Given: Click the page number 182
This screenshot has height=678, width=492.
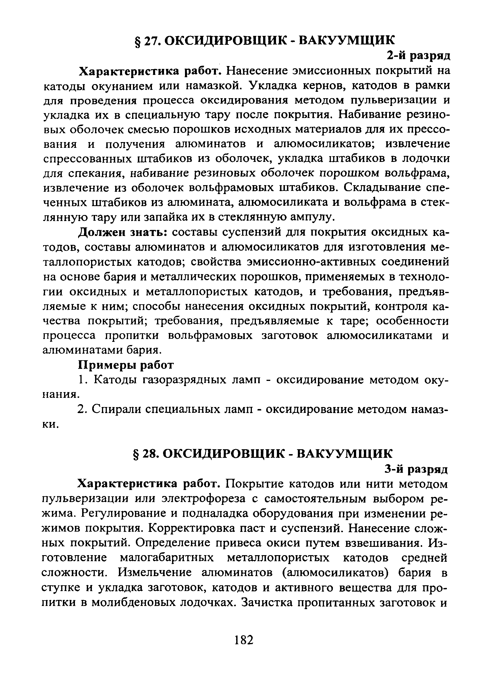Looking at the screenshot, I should click(244, 640).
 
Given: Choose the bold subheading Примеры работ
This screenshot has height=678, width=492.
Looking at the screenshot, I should click(126, 365).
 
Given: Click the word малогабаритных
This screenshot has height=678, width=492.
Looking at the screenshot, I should click(167, 558).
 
